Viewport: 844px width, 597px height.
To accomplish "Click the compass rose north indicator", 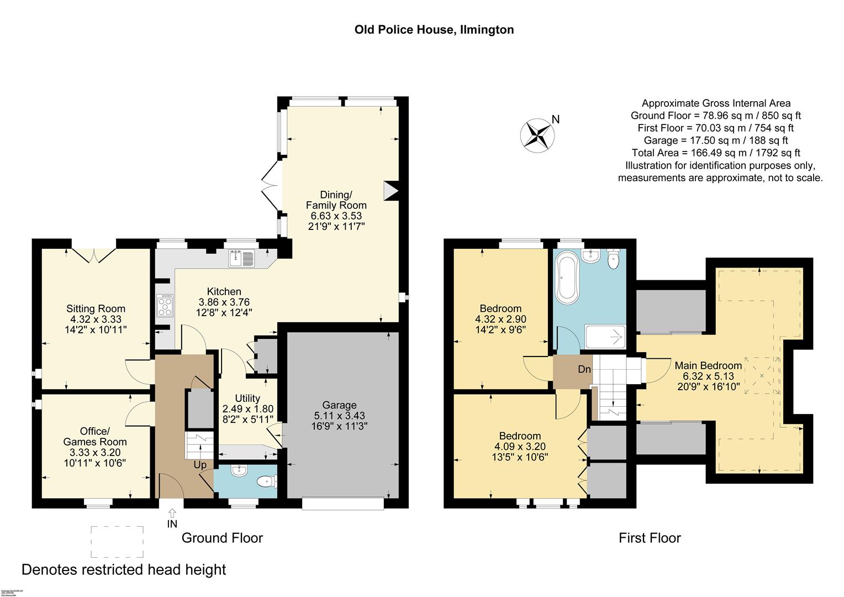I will point(537,135).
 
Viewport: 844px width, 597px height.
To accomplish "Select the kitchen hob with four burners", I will point(165,305).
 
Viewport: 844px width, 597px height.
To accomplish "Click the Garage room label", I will point(340,405).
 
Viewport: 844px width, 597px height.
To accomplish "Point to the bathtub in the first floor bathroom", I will point(566,276).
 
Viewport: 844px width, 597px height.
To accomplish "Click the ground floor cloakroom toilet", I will point(267,481).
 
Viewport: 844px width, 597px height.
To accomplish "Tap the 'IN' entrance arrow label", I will point(172,523).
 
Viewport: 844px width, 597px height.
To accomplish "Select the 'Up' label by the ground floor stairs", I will point(200,465).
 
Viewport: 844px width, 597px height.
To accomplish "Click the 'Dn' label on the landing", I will point(584,369).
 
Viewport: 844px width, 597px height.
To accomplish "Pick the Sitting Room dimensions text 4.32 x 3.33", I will point(96,319).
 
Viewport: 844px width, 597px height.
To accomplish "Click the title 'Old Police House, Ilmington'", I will point(434,30).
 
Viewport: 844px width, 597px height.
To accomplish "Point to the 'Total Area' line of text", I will point(716,153).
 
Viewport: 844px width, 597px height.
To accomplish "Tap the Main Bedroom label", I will point(708,365).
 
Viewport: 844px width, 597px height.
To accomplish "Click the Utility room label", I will point(247,399).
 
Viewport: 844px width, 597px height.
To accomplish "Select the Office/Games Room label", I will point(95,436).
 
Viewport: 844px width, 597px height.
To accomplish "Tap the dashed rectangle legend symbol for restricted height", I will point(117,542).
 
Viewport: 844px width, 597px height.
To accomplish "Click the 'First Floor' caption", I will point(650,538).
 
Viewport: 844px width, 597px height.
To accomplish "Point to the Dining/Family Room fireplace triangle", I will point(391,191).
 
